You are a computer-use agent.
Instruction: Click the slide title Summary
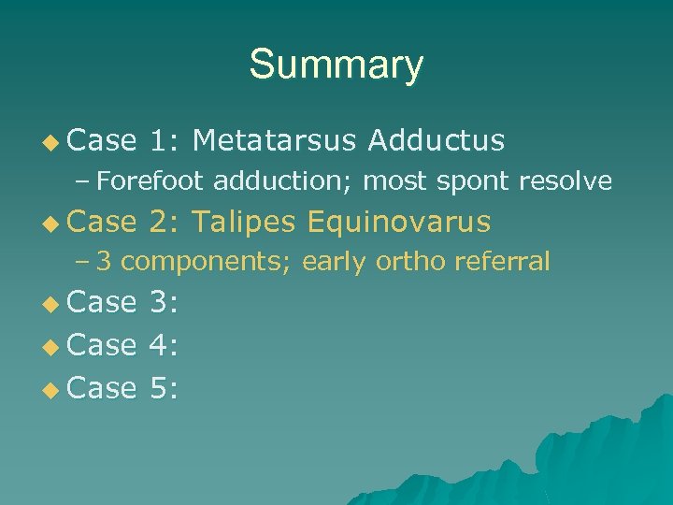(336, 65)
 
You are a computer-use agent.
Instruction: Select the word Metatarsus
(274, 140)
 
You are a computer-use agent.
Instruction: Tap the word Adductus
(437, 140)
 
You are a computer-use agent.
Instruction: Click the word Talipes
(245, 222)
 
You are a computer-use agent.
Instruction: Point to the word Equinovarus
(398, 222)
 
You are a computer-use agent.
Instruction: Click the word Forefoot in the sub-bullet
(150, 180)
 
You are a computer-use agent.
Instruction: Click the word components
(207, 262)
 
